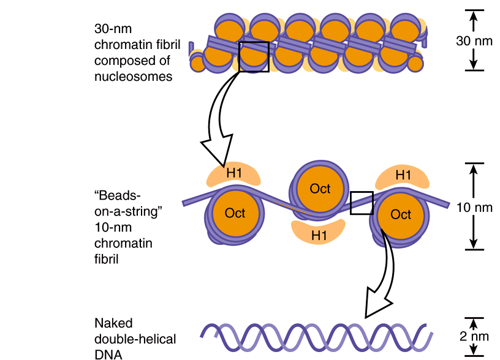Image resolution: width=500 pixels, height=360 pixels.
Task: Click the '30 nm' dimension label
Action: click(474, 42)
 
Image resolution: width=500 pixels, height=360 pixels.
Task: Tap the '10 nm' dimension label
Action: click(474, 207)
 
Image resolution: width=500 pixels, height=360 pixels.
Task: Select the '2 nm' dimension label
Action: click(474, 337)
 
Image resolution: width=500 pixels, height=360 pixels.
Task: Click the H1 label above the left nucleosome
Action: click(235, 174)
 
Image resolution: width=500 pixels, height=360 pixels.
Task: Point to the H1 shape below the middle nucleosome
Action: click(319, 233)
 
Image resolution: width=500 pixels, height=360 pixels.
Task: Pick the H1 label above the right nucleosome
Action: click(403, 175)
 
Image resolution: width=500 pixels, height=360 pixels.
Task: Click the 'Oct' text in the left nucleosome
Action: click(235, 213)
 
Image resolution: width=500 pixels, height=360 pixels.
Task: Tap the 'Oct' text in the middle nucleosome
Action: click(320, 189)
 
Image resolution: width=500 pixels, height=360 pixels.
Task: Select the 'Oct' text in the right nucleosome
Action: click(401, 214)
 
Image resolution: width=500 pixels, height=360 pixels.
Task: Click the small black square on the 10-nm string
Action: click(362, 203)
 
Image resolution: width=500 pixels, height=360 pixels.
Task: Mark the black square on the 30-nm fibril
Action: click(254, 56)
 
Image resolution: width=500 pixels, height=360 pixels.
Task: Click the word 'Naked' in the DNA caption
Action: click(113, 323)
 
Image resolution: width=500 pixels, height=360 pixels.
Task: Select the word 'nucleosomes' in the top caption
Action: click(133, 77)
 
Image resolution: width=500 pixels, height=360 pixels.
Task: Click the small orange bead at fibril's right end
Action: click(415, 62)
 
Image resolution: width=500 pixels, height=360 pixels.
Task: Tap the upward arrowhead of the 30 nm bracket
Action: click(473, 17)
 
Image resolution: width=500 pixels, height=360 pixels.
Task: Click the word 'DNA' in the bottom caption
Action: click(107, 354)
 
